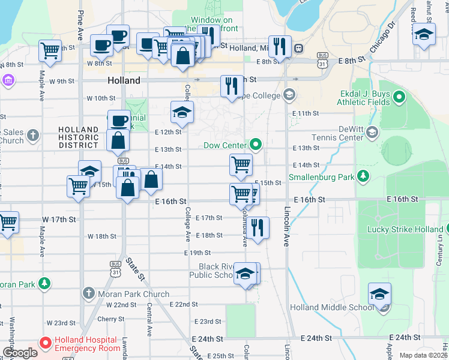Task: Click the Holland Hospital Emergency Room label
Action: pyautogui.click(x=88, y=344)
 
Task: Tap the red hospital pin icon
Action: pyautogui.click(x=45, y=344)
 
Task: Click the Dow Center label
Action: pyautogui.click(x=226, y=145)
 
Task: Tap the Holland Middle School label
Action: pyautogui.click(x=331, y=308)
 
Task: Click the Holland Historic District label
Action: pyautogui.click(x=79, y=137)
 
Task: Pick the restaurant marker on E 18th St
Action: pyautogui.click(x=258, y=227)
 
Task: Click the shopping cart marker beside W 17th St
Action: pyautogui.click(x=8, y=222)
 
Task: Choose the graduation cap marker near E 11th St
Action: pyautogui.click(x=182, y=112)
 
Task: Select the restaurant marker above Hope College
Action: pyautogui.click(x=232, y=85)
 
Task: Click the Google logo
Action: pyautogui.click(x=20, y=353)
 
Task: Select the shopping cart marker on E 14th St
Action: pyautogui.click(x=241, y=163)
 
